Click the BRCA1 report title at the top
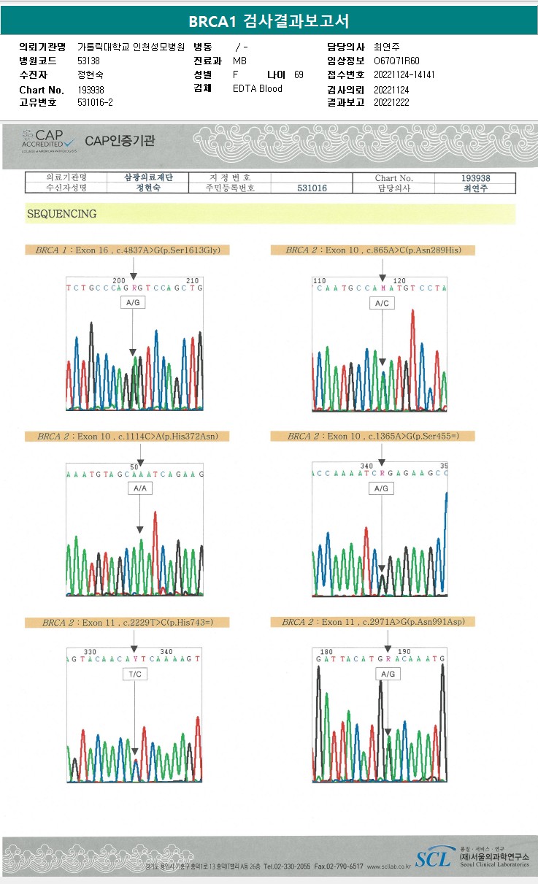click(269, 21)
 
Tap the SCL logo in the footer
click(433, 858)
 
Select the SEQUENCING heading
click(62, 214)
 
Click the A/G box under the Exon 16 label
click(132, 301)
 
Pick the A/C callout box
click(382, 303)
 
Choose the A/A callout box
click(139, 488)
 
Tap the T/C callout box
click(135, 674)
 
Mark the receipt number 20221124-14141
click(404, 74)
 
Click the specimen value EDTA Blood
click(257, 88)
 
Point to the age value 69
click(299, 74)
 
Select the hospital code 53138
click(88, 61)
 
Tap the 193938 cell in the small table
click(475, 178)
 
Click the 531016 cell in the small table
click(312, 188)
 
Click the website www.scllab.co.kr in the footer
click(388, 866)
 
